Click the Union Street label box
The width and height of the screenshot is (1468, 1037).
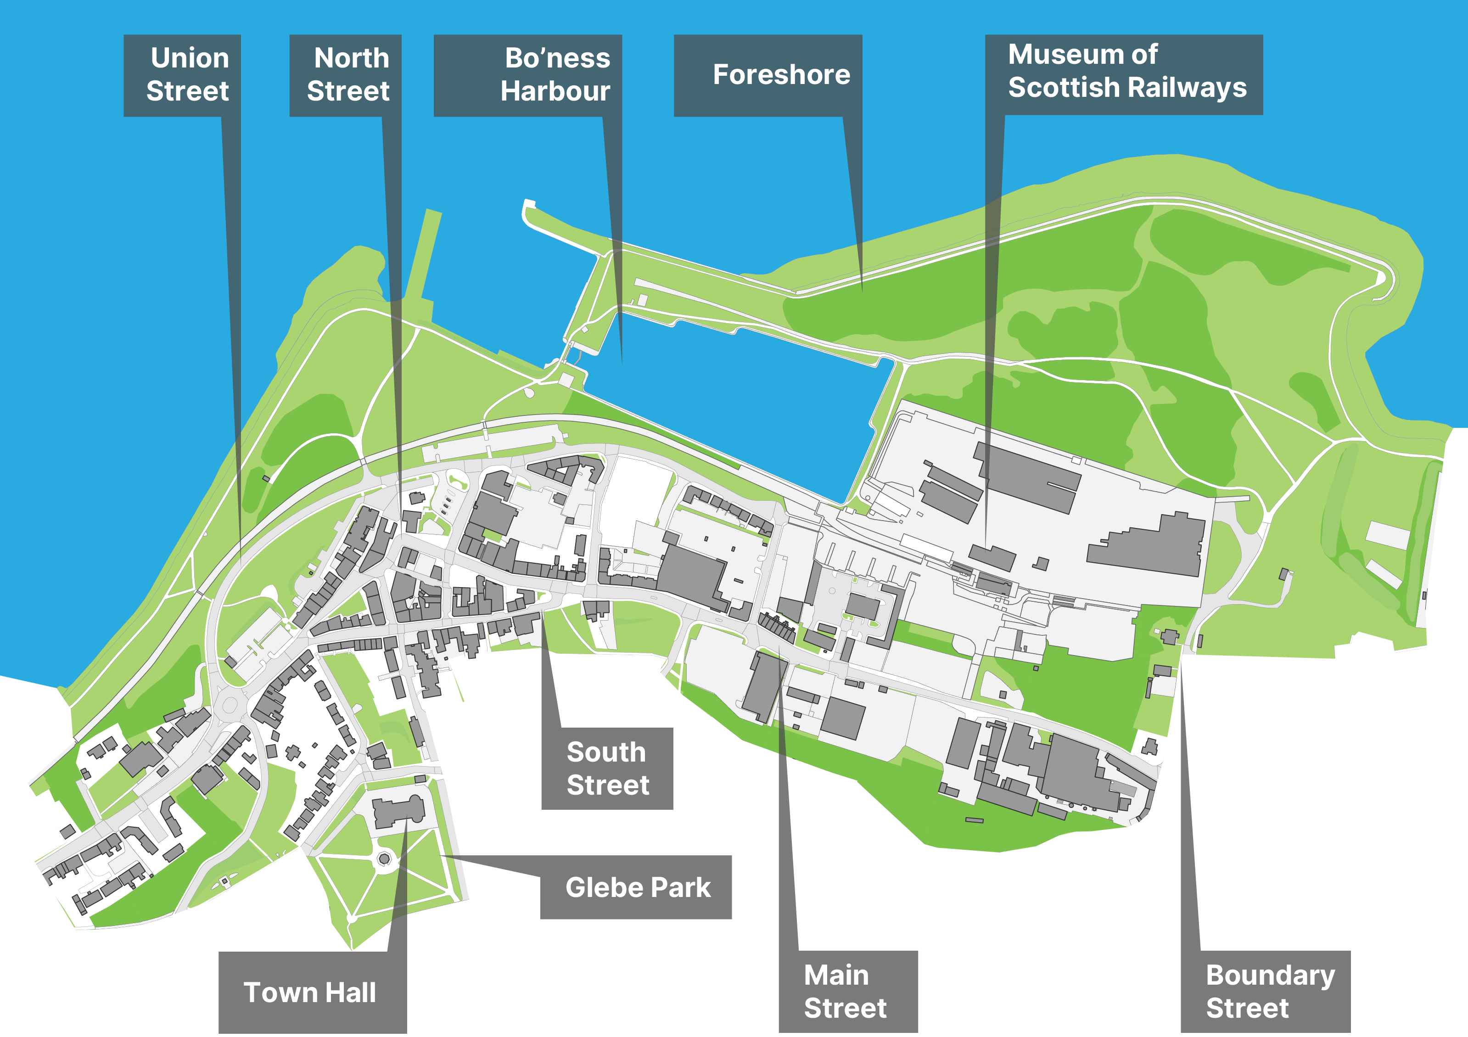pos(182,75)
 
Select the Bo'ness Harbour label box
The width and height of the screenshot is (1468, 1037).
pos(527,75)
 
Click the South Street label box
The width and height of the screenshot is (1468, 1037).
pos(607,768)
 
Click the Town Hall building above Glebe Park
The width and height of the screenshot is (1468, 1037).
pos(398,811)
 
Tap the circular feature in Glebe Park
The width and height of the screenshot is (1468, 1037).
pos(384,858)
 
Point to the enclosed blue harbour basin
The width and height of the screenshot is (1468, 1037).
pos(735,409)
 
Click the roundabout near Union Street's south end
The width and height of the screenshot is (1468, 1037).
pos(230,705)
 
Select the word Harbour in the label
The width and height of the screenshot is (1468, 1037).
pos(555,91)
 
